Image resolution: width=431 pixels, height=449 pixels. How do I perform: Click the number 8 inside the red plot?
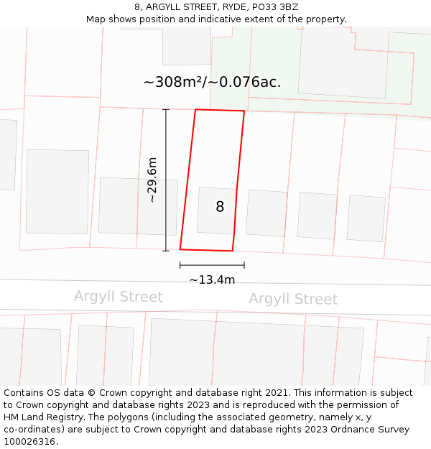[x=220, y=207]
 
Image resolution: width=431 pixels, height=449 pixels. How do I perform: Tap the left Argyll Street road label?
[x=119, y=297]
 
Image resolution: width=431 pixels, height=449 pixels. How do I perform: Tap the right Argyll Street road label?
[x=293, y=299]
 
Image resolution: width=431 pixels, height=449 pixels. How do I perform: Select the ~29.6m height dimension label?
[x=152, y=180]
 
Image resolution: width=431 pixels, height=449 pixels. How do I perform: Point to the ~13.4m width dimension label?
[x=212, y=279]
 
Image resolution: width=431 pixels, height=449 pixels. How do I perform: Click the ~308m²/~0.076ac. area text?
[x=212, y=82]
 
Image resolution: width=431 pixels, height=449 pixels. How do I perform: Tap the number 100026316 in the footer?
[x=29, y=441]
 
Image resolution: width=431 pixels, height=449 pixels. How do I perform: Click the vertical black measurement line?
[x=166, y=180]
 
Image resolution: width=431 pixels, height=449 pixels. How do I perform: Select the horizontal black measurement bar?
[x=212, y=265]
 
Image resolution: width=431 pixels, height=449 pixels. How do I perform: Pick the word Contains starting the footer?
[x=25, y=393]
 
